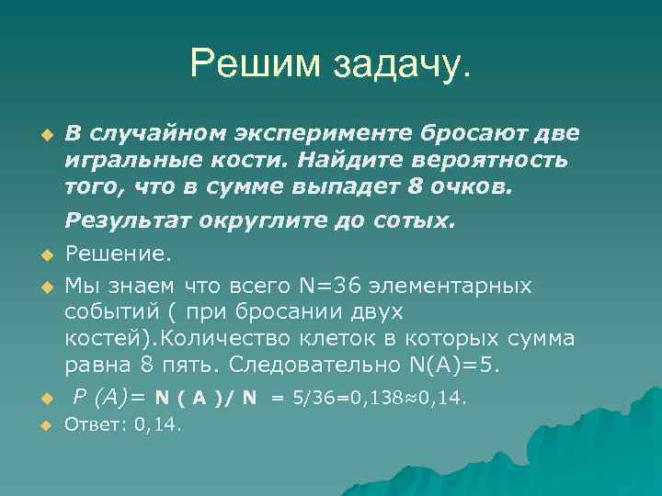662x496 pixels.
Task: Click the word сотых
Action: point(417,222)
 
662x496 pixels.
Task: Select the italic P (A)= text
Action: point(108,397)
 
